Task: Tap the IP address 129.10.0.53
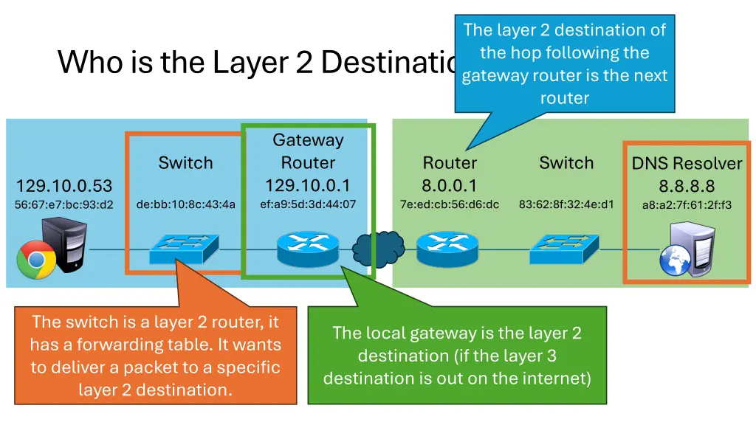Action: [x=64, y=185]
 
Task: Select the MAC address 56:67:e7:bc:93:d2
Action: [x=64, y=204]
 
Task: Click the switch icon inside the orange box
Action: [x=185, y=249]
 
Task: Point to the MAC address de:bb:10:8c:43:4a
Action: [x=185, y=204]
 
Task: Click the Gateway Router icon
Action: [x=308, y=249]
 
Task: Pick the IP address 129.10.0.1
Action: [x=308, y=184]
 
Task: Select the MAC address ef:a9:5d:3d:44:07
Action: [x=308, y=204]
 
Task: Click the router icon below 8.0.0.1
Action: [x=448, y=249]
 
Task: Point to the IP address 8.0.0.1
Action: [x=450, y=185]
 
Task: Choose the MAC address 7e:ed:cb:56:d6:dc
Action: [x=450, y=204]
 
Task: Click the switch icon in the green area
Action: [x=565, y=249]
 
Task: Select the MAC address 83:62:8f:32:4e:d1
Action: [x=566, y=204]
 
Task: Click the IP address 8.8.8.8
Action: [x=687, y=187]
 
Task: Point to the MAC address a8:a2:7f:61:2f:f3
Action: [x=687, y=205]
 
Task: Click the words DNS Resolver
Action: [x=687, y=164]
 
